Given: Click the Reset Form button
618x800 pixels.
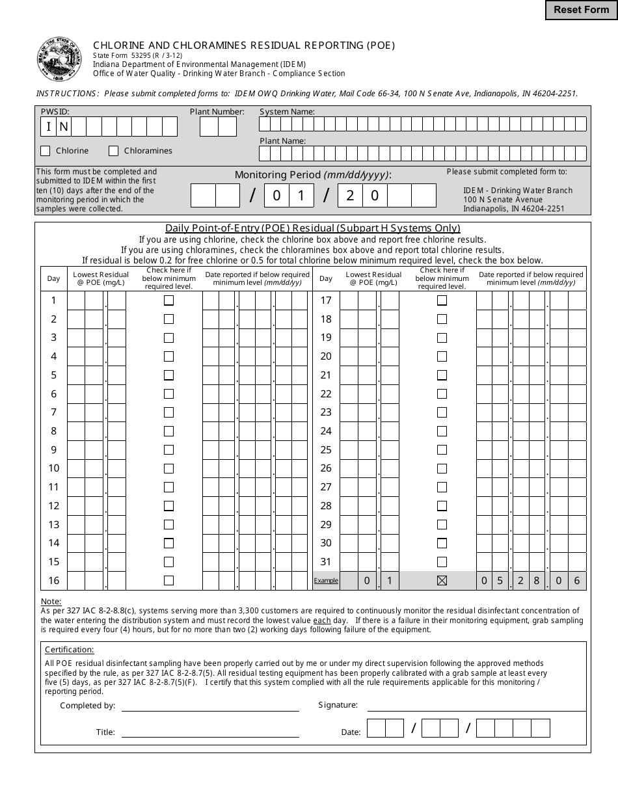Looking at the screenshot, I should [x=581, y=10].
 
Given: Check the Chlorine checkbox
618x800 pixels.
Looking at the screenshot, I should [x=45, y=151].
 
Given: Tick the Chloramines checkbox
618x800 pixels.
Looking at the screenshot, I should [x=114, y=151].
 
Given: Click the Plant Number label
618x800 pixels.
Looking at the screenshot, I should [x=217, y=112].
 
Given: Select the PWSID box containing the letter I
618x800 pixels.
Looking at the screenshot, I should [x=49, y=126].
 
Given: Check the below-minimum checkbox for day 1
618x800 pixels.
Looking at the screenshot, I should [x=168, y=300].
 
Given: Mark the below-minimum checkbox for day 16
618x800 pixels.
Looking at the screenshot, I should [x=168, y=581].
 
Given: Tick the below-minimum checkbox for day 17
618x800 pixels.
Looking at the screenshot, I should [x=442, y=300].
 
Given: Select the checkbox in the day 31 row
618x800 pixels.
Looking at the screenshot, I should [x=442, y=562].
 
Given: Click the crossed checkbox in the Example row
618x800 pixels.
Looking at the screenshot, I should [x=442, y=581].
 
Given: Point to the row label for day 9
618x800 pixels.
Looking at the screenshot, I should [x=54, y=450].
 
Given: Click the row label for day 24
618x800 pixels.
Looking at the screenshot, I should [x=326, y=431].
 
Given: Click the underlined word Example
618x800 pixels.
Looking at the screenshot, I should [x=326, y=581].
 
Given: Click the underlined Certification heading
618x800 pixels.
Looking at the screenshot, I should [x=69, y=650].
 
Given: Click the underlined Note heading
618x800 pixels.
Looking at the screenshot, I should [x=51, y=602].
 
